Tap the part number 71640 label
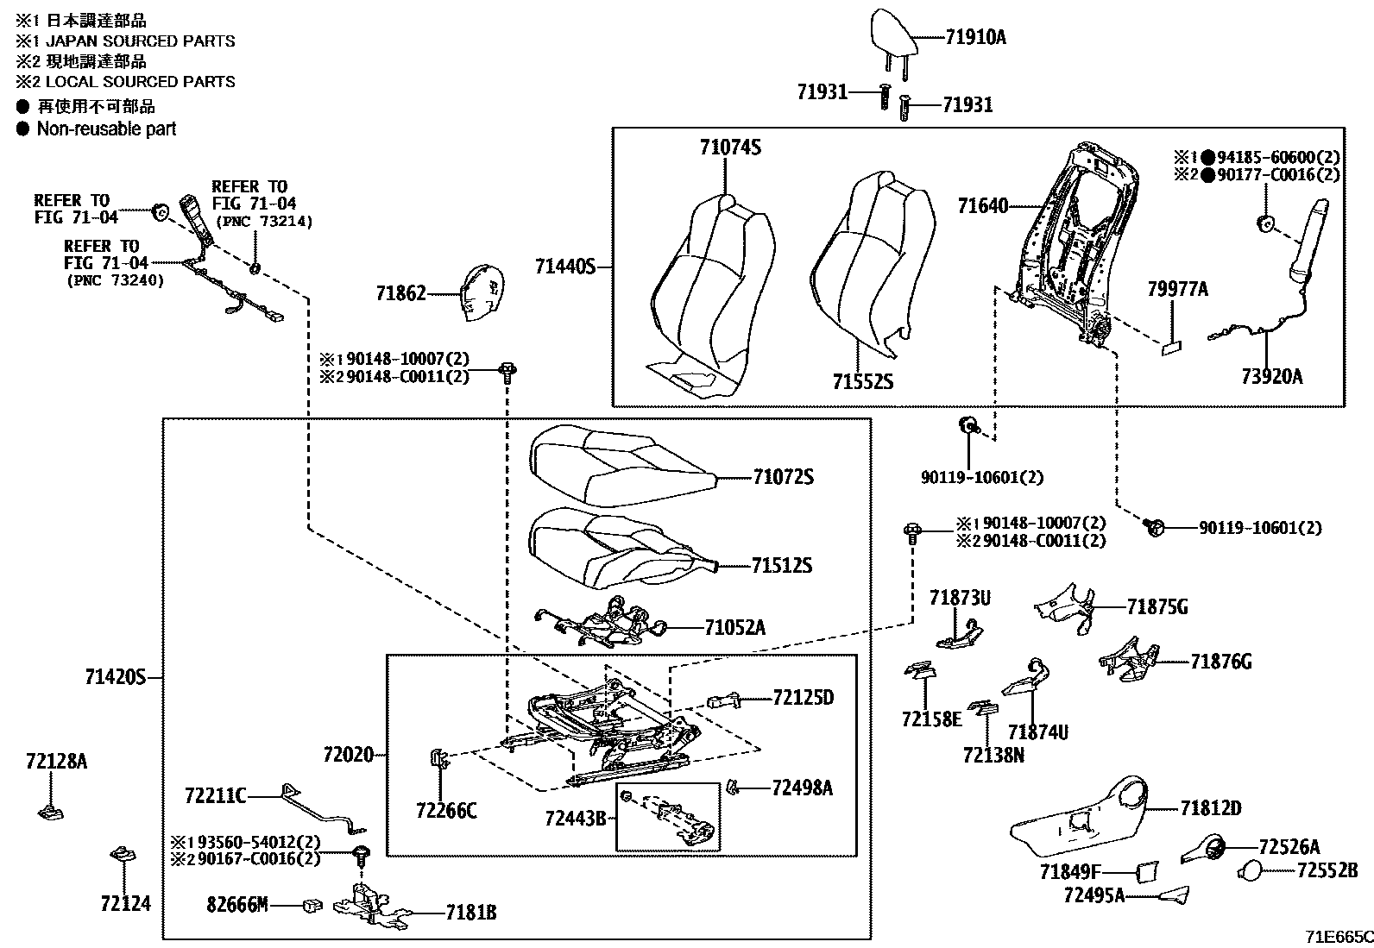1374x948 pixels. [x=982, y=206]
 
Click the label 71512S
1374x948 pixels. [x=781, y=566]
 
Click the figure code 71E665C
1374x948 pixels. [x=1338, y=936]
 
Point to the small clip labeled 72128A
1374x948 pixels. [x=53, y=811]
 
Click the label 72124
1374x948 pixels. [x=125, y=903]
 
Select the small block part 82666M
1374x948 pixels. [x=312, y=905]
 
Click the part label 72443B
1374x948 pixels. [x=576, y=817]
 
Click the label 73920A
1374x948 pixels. [x=1271, y=376]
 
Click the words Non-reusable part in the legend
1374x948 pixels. [x=106, y=129]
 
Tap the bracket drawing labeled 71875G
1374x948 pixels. [x=1063, y=604]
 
